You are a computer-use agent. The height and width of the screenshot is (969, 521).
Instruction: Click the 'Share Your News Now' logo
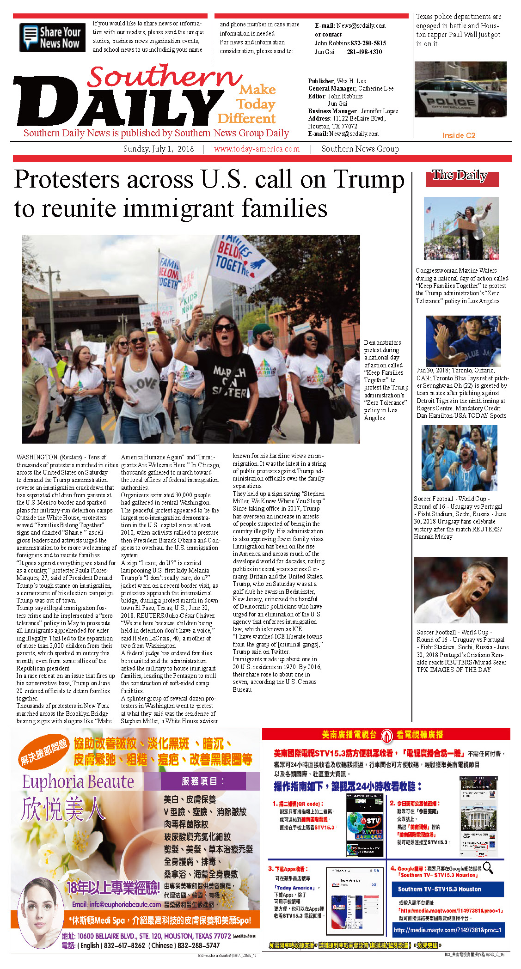tap(52, 37)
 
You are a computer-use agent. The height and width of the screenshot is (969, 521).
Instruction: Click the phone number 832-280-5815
tap(368, 43)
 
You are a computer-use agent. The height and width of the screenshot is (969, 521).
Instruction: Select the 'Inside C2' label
tap(458, 135)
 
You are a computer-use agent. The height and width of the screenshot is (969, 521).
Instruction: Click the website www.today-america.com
tap(257, 149)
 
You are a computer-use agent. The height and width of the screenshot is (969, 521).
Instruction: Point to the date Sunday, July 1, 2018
tap(158, 149)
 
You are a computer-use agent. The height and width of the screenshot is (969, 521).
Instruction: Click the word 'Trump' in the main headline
tap(368, 180)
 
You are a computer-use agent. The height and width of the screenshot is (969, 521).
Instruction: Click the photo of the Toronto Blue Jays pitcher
tap(463, 341)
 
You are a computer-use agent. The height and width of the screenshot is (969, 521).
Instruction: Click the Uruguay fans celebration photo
tap(459, 458)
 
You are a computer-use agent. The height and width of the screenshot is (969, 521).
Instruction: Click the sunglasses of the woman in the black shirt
tap(224, 328)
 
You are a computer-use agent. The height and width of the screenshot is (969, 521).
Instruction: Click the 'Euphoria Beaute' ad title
tap(78, 781)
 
